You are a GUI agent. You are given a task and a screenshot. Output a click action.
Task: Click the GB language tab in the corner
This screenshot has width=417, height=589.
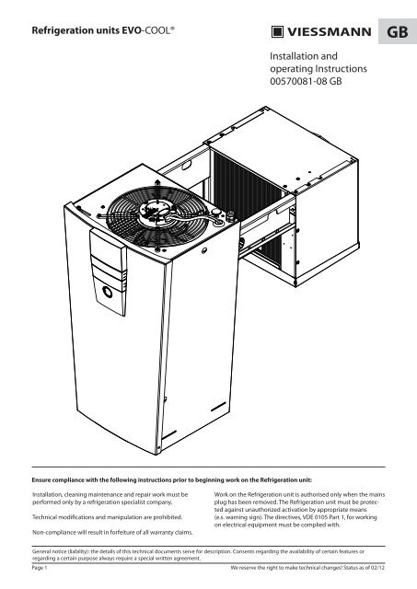pos(398,31)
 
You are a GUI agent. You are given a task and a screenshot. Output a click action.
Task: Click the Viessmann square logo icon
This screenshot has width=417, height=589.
pos(277,32)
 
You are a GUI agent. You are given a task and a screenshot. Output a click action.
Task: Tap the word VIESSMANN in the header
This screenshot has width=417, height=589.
pos(330,32)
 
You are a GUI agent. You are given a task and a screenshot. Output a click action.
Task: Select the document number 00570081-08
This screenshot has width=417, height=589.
pos(298,81)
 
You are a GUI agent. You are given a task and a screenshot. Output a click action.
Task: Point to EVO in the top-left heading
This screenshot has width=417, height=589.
pos(131,30)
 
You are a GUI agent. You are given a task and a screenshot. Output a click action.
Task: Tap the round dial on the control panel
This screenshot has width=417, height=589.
pos(108,292)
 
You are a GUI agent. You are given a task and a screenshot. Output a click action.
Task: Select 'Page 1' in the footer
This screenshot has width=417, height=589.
pos(40,568)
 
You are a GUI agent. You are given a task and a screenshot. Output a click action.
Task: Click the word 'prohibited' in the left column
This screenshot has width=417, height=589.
pos(168,517)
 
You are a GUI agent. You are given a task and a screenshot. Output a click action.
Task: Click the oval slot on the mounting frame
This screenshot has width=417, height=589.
pos(187,165)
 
